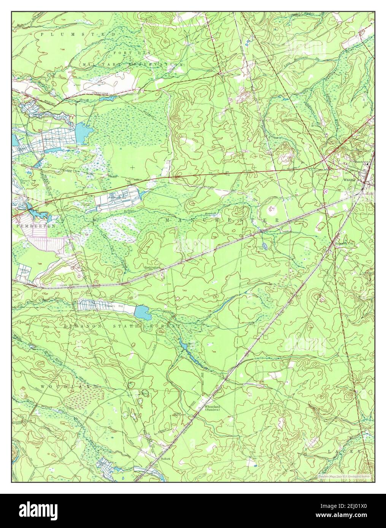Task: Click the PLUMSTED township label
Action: pyautogui.click(x=78, y=35)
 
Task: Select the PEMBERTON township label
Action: pyautogui.click(x=37, y=225)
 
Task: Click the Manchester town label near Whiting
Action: pyautogui.click(x=361, y=161)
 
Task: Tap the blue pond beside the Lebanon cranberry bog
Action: pyautogui.click(x=141, y=312)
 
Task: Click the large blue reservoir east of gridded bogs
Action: pyautogui.click(x=85, y=131)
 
